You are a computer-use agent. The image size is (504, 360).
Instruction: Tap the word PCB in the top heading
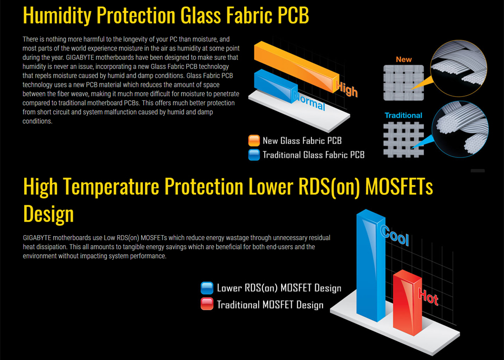(x=292, y=15)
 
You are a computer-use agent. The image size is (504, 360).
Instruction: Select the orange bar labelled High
(x=296, y=67)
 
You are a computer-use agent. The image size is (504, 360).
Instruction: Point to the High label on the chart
(x=347, y=88)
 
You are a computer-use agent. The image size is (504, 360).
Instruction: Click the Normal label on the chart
(x=309, y=101)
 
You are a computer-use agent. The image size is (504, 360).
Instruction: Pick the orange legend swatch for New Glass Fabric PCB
(x=254, y=141)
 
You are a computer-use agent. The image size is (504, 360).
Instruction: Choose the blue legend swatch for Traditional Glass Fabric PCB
(x=254, y=155)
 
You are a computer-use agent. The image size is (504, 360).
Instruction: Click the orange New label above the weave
(x=404, y=59)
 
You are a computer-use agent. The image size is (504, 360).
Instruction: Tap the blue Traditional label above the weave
(x=403, y=115)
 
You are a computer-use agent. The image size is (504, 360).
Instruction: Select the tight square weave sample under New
(x=404, y=83)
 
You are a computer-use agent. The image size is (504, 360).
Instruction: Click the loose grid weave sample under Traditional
(x=404, y=140)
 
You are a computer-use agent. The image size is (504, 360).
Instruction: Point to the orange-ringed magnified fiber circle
(x=459, y=68)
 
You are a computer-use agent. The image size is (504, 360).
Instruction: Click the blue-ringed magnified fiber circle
(x=460, y=129)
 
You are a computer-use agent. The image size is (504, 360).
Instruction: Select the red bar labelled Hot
(x=407, y=302)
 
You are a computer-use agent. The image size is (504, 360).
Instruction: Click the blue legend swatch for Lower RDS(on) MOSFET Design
(x=207, y=288)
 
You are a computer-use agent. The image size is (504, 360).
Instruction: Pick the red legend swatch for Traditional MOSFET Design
(x=207, y=304)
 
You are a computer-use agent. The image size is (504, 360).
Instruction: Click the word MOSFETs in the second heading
(x=399, y=186)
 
